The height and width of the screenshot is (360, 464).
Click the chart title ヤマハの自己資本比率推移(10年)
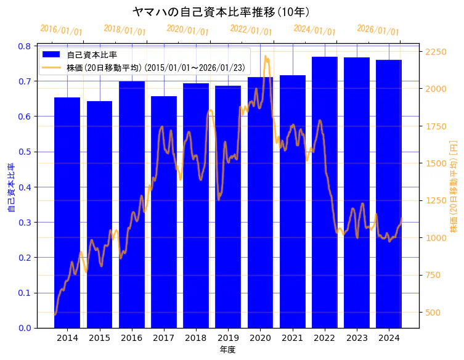click(x=221, y=12)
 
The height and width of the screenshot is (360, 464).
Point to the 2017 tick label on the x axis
click(x=164, y=338)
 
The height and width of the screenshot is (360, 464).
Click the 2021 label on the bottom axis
click(x=292, y=338)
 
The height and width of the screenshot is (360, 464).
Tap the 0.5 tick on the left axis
click(x=25, y=152)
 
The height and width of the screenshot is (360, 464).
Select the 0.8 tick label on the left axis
click(x=25, y=46)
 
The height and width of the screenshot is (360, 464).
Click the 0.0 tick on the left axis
click(x=25, y=328)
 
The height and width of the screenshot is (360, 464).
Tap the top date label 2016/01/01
click(x=61, y=30)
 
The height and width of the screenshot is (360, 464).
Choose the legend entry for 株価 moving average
click(x=154, y=67)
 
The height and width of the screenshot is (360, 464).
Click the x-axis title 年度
click(x=228, y=350)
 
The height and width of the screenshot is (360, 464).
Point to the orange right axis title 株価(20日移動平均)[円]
click(x=454, y=186)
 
